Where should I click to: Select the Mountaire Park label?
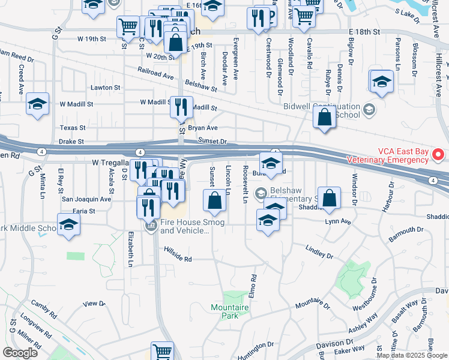click(x=230, y=311)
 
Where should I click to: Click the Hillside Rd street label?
click(x=179, y=259)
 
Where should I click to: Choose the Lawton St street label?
click(x=105, y=88)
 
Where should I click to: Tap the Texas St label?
click(x=73, y=128)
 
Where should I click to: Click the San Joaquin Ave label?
click(x=87, y=199)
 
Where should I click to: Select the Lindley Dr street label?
click(x=319, y=252)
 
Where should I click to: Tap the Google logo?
click(x=20, y=353)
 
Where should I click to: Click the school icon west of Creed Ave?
click(x=37, y=104)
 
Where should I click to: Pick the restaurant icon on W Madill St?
click(x=181, y=107)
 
